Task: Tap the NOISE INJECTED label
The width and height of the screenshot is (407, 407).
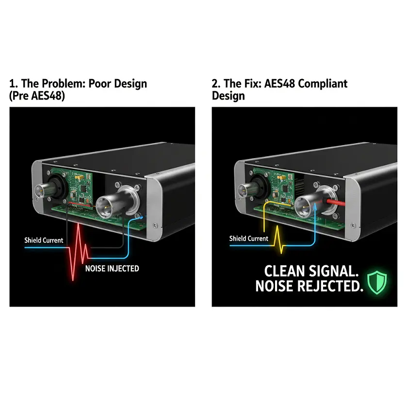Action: point(112,268)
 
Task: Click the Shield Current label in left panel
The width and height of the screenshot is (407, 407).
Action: point(44,240)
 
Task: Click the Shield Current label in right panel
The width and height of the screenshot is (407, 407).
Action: point(248,238)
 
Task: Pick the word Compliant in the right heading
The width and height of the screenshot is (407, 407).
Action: point(323,83)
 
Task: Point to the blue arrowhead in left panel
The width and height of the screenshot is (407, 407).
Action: point(141,217)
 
